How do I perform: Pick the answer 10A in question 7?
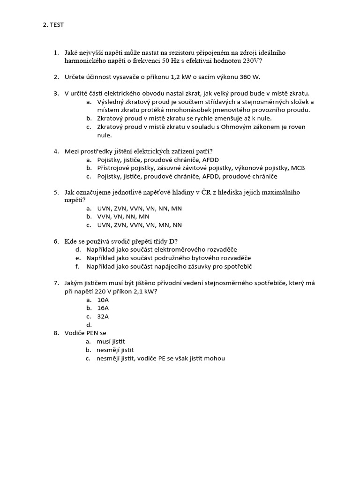coord(103,300)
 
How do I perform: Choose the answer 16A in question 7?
coord(103,308)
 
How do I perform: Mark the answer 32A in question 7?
coord(103,316)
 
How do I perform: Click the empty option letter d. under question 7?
coord(89,325)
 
